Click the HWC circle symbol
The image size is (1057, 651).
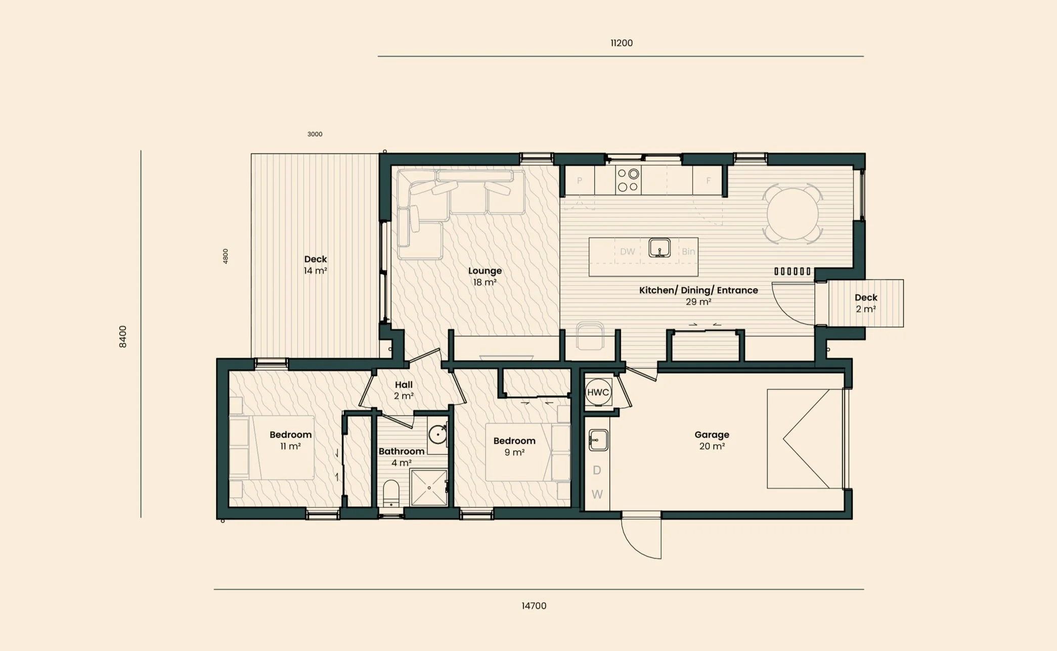[x=598, y=392]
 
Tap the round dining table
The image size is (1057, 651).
[x=792, y=214]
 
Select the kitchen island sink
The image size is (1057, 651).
[x=659, y=248]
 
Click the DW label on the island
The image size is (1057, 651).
[x=628, y=251]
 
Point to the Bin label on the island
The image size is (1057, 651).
[x=688, y=251]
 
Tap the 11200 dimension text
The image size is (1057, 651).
[x=622, y=43]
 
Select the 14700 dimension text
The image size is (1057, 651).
[x=534, y=606]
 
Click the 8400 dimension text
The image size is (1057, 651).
[x=122, y=337]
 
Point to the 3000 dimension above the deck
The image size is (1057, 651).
[x=315, y=134]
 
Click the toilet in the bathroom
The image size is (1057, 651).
[x=391, y=493]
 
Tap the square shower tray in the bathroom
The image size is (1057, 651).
[x=429, y=488]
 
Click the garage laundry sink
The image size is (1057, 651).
[x=598, y=440]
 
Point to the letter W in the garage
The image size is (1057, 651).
[x=597, y=494]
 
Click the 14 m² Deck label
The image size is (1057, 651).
[x=315, y=265]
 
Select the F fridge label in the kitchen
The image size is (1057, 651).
[x=709, y=180]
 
